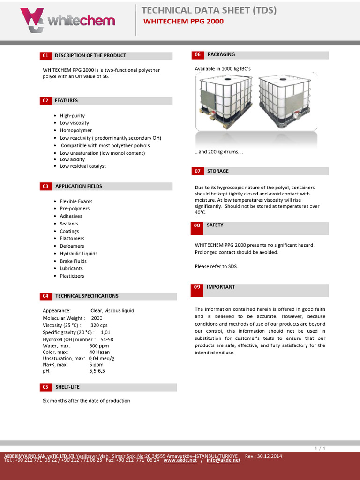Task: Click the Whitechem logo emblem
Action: (32, 20)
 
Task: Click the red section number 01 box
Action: (45, 56)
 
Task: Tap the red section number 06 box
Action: (197, 55)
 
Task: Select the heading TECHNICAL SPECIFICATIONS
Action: (87, 296)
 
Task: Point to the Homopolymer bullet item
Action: (76, 131)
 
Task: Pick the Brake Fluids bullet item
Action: (73, 261)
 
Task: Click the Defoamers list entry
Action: (72, 246)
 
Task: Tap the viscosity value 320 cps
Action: (99, 325)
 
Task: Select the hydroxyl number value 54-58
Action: (107, 339)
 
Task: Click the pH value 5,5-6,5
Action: (97, 371)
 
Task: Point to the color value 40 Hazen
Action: (99, 352)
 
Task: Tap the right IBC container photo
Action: (286, 102)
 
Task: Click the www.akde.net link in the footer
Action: (180, 460)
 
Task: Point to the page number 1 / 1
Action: (320, 449)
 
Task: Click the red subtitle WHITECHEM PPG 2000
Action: (183, 21)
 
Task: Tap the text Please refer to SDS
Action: (217, 267)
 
